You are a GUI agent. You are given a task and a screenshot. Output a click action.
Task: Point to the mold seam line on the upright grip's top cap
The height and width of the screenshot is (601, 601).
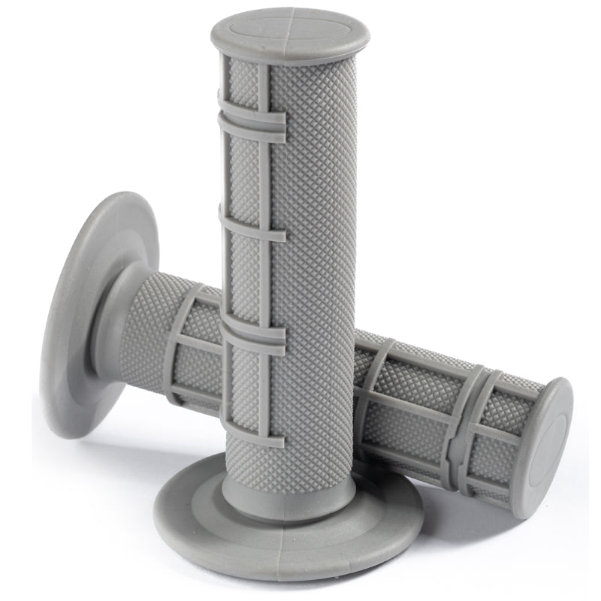pyautogui.click(x=289, y=23)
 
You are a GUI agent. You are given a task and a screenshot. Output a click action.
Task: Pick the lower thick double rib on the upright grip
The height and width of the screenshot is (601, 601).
pyautogui.click(x=252, y=337)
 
